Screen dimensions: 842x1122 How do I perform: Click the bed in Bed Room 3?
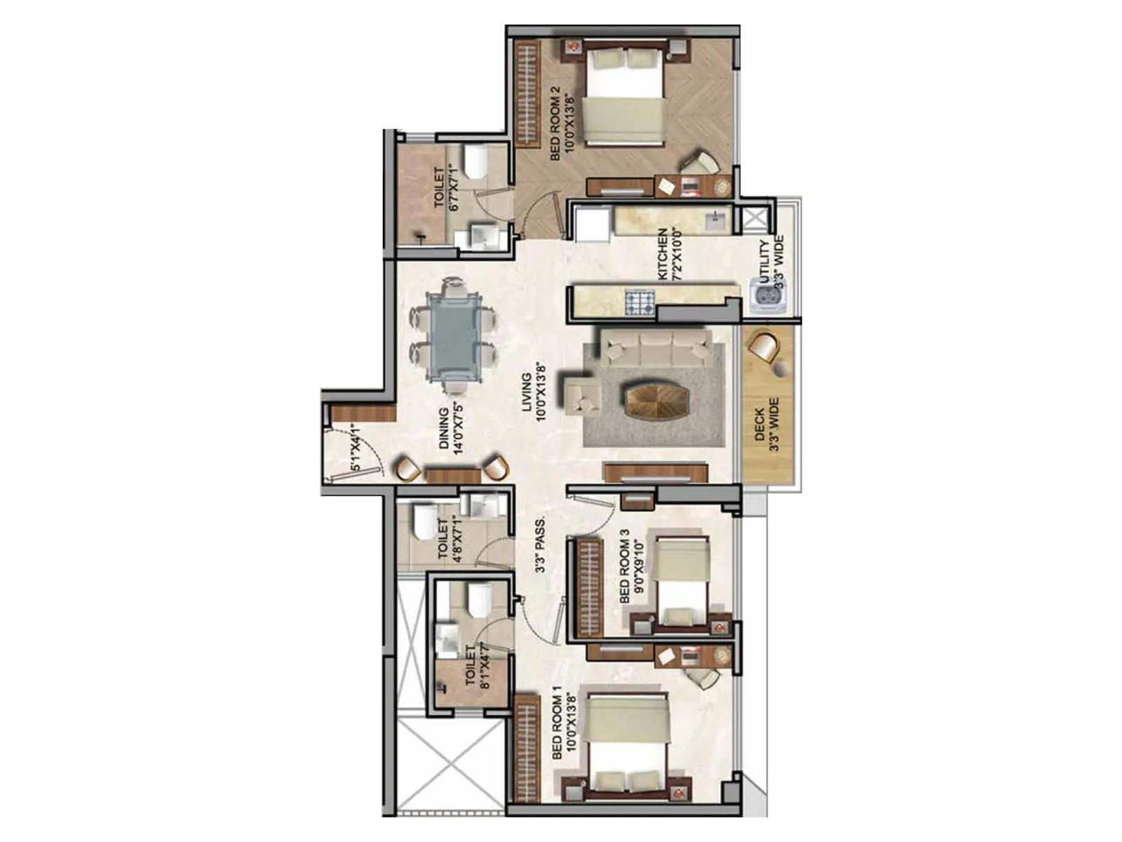click(681, 580)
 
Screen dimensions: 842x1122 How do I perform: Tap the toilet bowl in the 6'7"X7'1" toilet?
click(477, 163)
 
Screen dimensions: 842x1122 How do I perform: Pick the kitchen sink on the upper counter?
click(715, 222)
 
